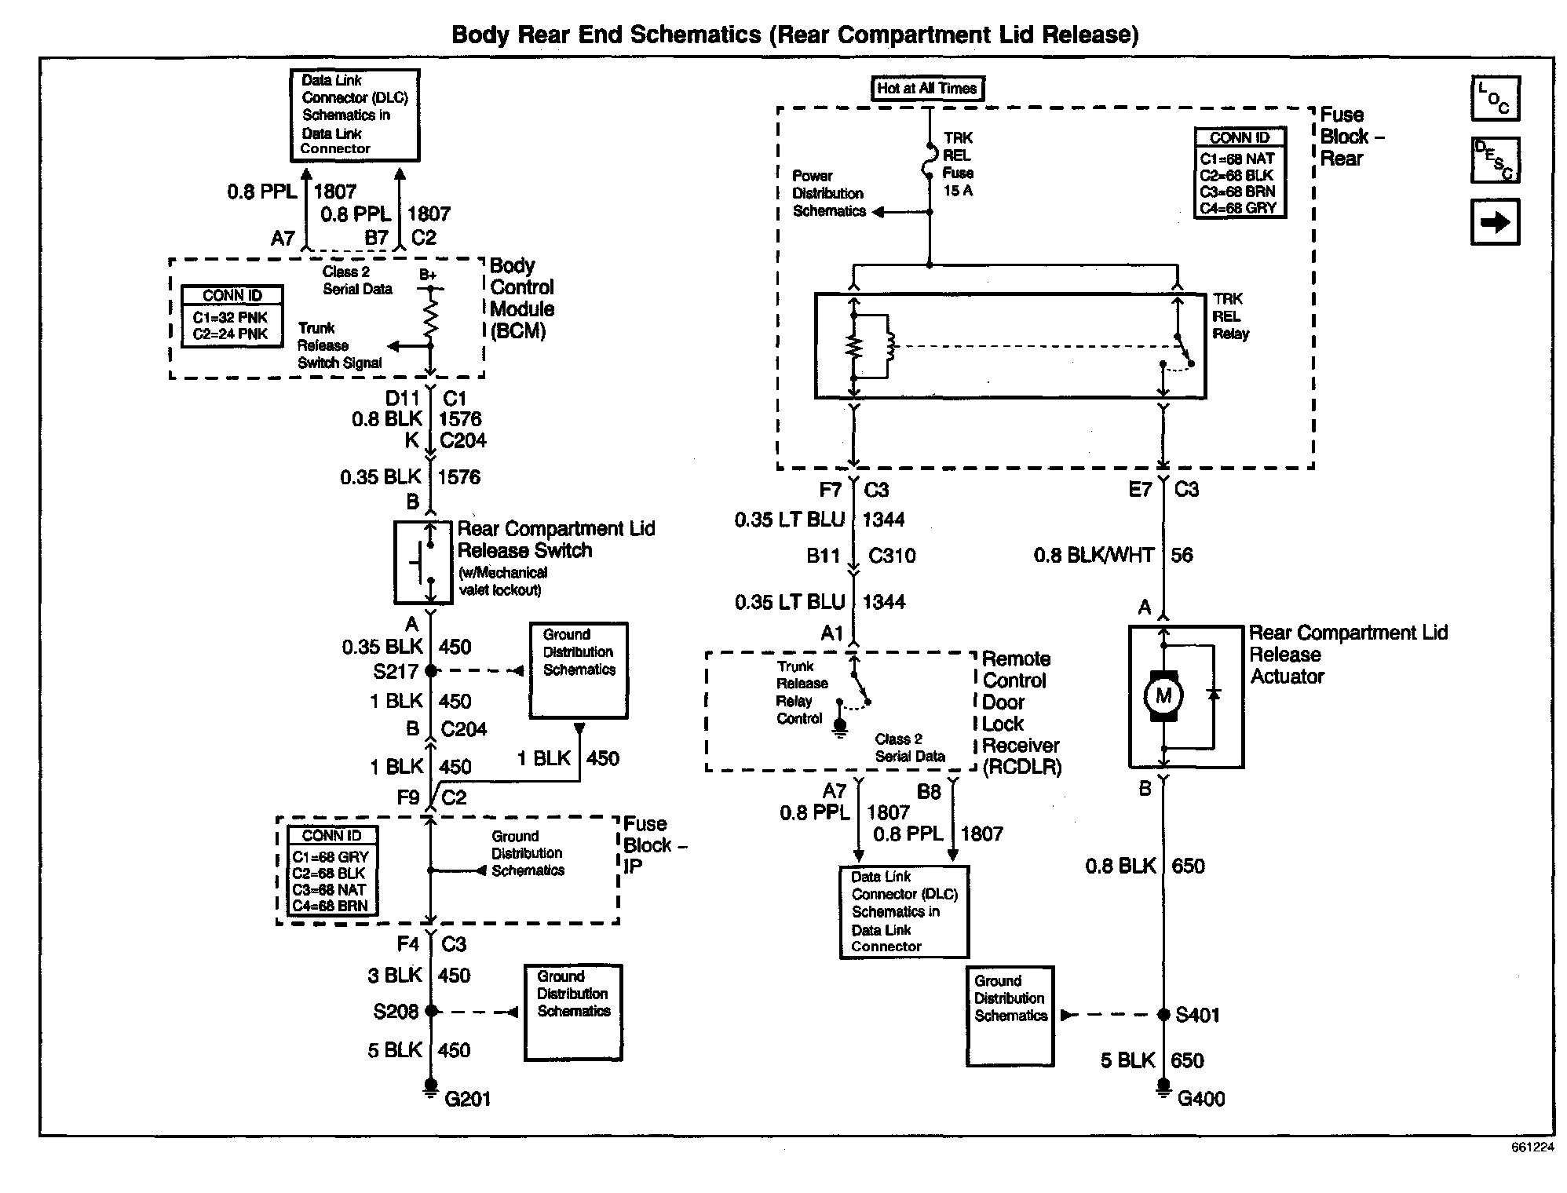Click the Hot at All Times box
click(x=927, y=89)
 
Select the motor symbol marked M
click(x=1163, y=695)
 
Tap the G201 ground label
click(x=467, y=1098)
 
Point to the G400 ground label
click(x=1201, y=1098)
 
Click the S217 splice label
click(x=396, y=672)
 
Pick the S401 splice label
click(x=1198, y=1016)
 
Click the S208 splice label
click(x=396, y=1012)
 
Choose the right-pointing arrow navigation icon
click(x=1495, y=222)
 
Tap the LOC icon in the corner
click(x=1495, y=98)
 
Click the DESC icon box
click(x=1495, y=160)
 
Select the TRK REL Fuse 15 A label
click(x=958, y=164)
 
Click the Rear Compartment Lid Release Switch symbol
click(x=423, y=562)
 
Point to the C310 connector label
click(x=892, y=556)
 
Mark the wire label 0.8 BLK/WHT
click(x=1094, y=556)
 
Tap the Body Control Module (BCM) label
click(x=522, y=298)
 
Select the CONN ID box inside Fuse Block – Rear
click(x=1240, y=173)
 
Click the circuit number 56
click(x=1182, y=556)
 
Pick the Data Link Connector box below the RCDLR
click(x=904, y=912)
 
